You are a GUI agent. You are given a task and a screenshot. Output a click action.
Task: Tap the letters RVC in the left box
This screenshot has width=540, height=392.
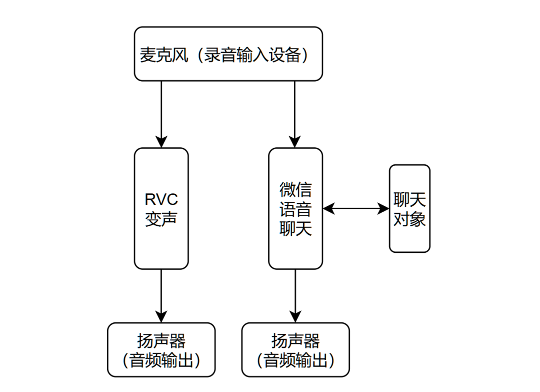[x=161, y=200]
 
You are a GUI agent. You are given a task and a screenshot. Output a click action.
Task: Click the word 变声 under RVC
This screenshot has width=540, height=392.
[x=161, y=219]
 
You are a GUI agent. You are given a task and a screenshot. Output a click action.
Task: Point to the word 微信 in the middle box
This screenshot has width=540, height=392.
[x=295, y=189]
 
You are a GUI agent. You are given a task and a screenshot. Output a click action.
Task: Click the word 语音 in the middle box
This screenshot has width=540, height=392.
[x=295, y=209]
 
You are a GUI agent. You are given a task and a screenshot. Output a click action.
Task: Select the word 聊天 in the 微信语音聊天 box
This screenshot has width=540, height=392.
[x=295, y=228]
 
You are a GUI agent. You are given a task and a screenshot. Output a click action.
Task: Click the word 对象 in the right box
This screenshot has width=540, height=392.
[x=409, y=219]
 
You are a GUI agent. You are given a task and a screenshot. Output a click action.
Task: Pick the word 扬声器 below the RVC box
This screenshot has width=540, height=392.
[x=161, y=341]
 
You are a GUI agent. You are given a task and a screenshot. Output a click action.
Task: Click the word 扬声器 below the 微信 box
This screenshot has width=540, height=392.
[x=295, y=341]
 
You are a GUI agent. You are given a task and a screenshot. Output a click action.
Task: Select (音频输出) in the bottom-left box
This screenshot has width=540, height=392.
[x=161, y=360]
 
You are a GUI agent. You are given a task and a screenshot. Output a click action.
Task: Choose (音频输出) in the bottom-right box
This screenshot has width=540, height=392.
[x=295, y=360]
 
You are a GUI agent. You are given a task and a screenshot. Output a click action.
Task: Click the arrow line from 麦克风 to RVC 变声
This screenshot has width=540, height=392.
[x=161, y=110]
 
